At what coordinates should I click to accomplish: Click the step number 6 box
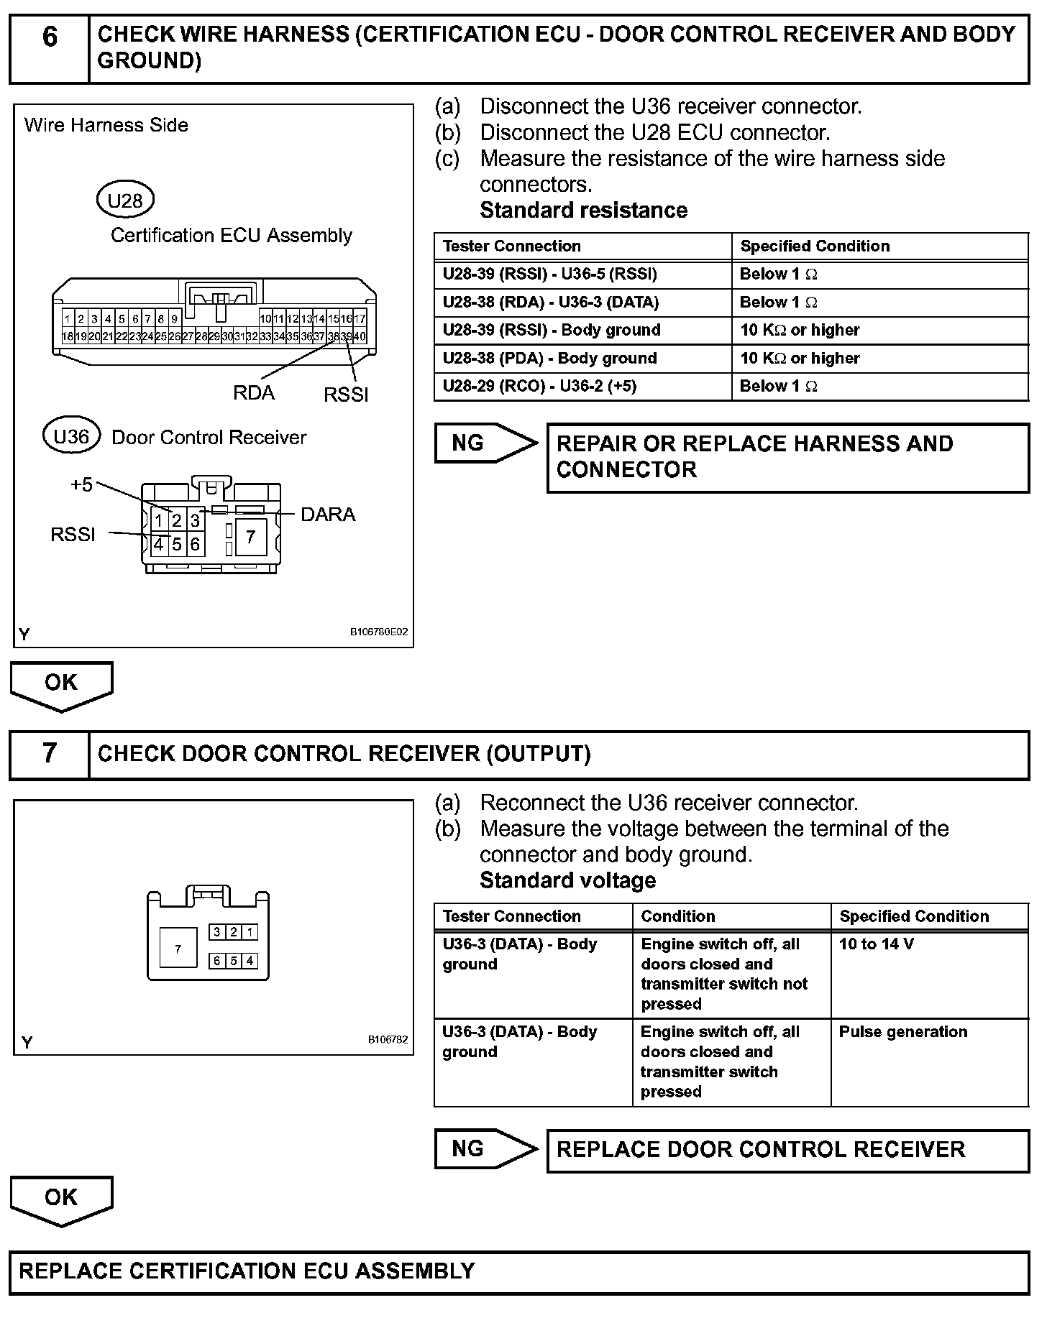pos(50,47)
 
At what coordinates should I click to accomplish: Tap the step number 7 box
pos(49,755)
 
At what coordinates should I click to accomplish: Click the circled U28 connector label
pos(125,201)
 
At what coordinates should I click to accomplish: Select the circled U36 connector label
pos(71,437)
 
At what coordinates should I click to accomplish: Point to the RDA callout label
pos(254,393)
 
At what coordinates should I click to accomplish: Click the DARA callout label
pos(328,515)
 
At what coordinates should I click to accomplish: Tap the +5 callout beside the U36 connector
pos(81,485)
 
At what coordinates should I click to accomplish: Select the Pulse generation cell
pos(903,1032)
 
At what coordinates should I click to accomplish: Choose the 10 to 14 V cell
pos(877,944)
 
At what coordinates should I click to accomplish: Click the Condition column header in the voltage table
pos(678,916)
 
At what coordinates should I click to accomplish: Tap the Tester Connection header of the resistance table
pos(512,246)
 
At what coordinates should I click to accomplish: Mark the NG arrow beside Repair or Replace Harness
pos(485,443)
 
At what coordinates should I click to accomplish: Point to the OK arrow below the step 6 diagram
pos(61,684)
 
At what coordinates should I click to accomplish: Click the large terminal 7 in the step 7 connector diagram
pos(178,949)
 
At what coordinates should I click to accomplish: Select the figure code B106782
pos(388,1039)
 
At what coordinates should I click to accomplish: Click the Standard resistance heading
pos(583,211)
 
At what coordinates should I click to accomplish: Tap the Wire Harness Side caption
pos(106,125)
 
